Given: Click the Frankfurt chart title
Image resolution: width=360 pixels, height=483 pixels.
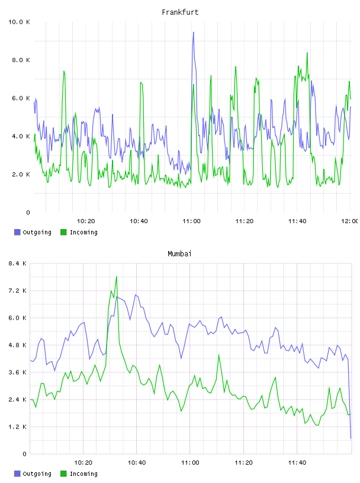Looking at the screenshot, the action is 180,12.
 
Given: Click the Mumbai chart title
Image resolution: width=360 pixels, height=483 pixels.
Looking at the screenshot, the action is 179,254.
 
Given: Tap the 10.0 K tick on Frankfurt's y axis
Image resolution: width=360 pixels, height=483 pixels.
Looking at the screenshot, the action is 19,22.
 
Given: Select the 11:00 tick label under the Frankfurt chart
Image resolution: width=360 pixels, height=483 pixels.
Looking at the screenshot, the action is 191,221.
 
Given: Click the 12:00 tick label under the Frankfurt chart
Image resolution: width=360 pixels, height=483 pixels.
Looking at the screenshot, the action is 350,221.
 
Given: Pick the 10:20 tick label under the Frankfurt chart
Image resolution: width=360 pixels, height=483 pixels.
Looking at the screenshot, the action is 86,221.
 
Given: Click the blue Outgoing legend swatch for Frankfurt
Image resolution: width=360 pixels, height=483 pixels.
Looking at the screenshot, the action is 17,232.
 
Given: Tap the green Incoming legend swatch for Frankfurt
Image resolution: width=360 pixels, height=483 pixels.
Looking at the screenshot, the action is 63,232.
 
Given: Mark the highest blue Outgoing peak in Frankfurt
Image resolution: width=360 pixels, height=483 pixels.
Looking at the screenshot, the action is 193,32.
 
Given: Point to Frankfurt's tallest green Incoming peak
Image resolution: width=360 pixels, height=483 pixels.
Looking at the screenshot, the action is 307,53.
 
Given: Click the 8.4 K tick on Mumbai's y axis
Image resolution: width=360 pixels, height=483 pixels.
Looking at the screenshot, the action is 17,263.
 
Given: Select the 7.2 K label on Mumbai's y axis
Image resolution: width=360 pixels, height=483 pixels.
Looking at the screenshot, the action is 17,291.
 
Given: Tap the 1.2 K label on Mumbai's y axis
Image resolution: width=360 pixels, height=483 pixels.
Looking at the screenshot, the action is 17,427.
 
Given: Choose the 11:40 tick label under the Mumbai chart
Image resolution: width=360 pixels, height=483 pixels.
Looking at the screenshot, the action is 297,463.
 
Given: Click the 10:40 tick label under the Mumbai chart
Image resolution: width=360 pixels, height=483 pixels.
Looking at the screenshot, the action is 137,463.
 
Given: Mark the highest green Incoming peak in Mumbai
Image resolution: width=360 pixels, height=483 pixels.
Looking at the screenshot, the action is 117,276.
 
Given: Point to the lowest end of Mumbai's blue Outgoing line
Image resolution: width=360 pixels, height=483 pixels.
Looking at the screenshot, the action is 351,439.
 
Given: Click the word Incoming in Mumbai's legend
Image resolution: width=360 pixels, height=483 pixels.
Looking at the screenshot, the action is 83,474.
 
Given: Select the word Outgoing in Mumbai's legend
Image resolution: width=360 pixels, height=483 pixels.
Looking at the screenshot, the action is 37,474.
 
